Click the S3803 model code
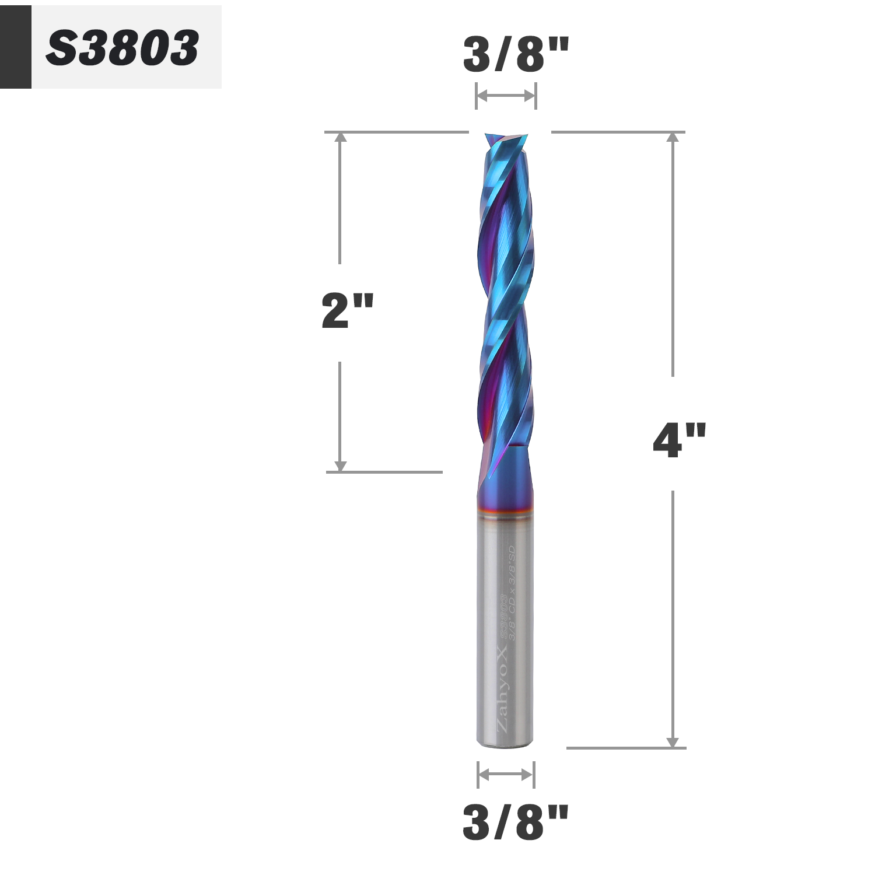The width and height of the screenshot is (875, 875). pyautogui.click(x=122, y=48)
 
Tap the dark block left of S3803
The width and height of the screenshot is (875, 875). pyautogui.click(x=15, y=47)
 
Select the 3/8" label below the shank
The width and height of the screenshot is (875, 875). pyautogui.click(x=515, y=822)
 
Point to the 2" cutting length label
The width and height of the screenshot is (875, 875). pyautogui.click(x=346, y=311)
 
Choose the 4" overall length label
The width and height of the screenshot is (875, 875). pyautogui.click(x=679, y=440)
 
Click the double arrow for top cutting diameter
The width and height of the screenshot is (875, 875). pyautogui.click(x=506, y=96)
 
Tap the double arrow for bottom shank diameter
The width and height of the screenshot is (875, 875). pyautogui.click(x=505, y=775)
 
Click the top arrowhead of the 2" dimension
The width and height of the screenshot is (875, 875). pyautogui.click(x=341, y=137)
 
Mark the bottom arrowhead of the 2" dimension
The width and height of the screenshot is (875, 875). pyautogui.click(x=341, y=466)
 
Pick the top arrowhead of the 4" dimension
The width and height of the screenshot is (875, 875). pyautogui.click(x=673, y=137)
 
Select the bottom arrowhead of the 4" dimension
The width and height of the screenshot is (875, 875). pyautogui.click(x=673, y=742)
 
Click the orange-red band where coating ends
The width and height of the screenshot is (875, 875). pyautogui.click(x=505, y=514)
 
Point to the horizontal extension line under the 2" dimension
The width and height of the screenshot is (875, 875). pyautogui.click(x=385, y=472)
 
